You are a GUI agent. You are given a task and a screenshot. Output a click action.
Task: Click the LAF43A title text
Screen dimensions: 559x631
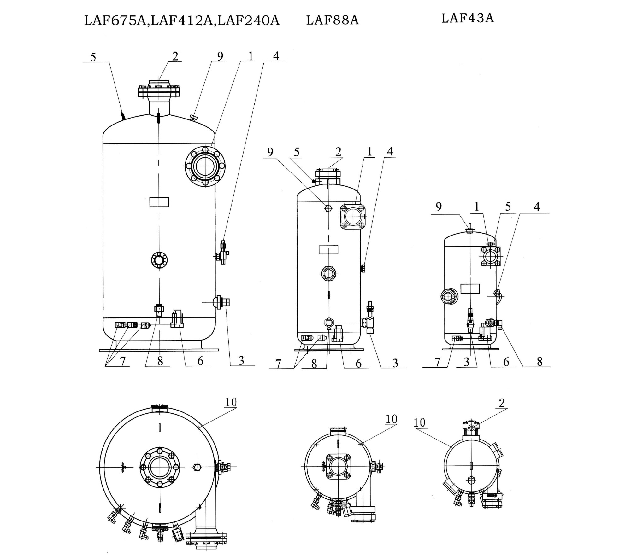(467, 18)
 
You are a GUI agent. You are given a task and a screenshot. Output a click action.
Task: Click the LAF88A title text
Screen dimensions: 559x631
(332, 20)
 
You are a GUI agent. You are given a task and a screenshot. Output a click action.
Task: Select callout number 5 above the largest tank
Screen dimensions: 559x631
(93, 57)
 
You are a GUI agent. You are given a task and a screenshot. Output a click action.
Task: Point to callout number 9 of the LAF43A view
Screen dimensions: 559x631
(439, 207)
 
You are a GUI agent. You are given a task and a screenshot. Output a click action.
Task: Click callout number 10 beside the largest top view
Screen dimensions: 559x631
(231, 402)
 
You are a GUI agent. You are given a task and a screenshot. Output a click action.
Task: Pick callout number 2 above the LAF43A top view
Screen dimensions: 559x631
(502, 403)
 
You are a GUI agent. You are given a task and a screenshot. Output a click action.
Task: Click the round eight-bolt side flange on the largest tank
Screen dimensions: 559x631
(205, 166)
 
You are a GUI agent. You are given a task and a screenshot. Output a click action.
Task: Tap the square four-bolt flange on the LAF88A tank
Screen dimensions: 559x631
(352, 217)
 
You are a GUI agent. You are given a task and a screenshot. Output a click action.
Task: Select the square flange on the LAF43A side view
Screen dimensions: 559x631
(490, 256)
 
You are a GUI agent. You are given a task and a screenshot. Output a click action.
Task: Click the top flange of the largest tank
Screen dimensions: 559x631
(159, 91)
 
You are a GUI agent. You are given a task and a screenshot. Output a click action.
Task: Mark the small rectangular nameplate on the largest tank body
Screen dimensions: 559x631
(159, 202)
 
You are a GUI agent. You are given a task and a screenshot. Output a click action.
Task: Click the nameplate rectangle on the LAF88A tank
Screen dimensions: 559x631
(328, 250)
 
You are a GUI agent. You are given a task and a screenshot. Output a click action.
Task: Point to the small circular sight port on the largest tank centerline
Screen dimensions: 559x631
(159, 260)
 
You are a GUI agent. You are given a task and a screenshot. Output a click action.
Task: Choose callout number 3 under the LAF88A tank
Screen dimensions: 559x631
(395, 363)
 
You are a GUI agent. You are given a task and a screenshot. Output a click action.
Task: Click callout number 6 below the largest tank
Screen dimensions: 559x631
(200, 361)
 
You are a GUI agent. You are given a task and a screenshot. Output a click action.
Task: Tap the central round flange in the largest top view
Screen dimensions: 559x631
(160, 467)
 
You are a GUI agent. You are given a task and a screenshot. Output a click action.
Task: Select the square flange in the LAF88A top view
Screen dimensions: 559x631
(338, 466)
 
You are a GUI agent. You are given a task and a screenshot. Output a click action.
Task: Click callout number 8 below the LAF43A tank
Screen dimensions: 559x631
(540, 362)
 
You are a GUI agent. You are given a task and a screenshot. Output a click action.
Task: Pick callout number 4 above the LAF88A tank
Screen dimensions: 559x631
(390, 152)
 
